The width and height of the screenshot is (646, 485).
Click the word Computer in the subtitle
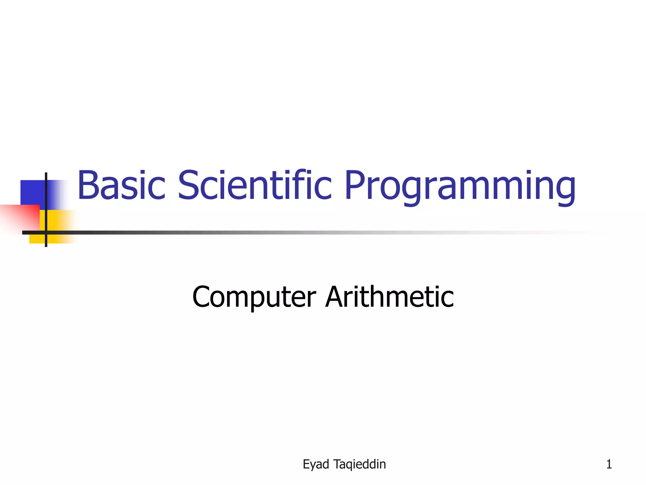[x=254, y=297]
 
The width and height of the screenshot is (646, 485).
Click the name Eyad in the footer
[x=316, y=464]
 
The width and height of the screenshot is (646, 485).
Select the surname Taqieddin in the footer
[x=360, y=464]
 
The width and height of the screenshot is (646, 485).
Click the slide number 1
[x=609, y=464]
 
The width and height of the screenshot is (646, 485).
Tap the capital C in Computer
[x=203, y=297]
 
